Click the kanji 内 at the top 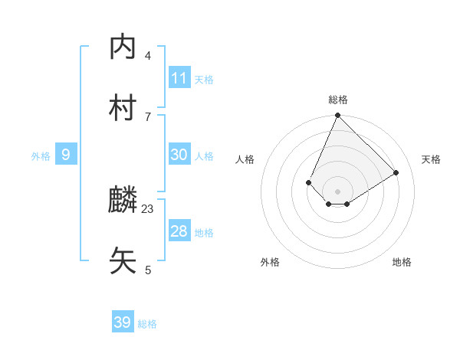pyautogui.click(x=123, y=47)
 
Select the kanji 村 pyautogui.click(x=123, y=108)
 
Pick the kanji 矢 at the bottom pyautogui.click(x=123, y=261)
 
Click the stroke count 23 pyautogui.click(x=148, y=208)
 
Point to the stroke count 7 pyautogui.click(x=148, y=116)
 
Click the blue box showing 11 pyautogui.click(x=179, y=77)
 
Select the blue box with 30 pyautogui.click(x=179, y=154)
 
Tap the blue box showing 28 pyautogui.click(x=179, y=231)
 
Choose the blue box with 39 pyautogui.click(x=123, y=322)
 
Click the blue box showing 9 pyautogui.click(x=66, y=155)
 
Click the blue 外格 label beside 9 pyautogui.click(x=41, y=156)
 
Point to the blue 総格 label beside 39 pyautogui.click(x=147, y=324)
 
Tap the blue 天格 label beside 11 pyautogui.click(x=204, y=79)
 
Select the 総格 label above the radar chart pyautogui.click(x=338, y=100)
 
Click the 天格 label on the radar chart pyautogui.click(x=431, y=159)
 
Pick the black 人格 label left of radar pyautogui.click(x=245, y=159)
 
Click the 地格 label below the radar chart pyautogui.click(x=402, y=262)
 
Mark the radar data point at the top pyautogui.click(x=338, y=116)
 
